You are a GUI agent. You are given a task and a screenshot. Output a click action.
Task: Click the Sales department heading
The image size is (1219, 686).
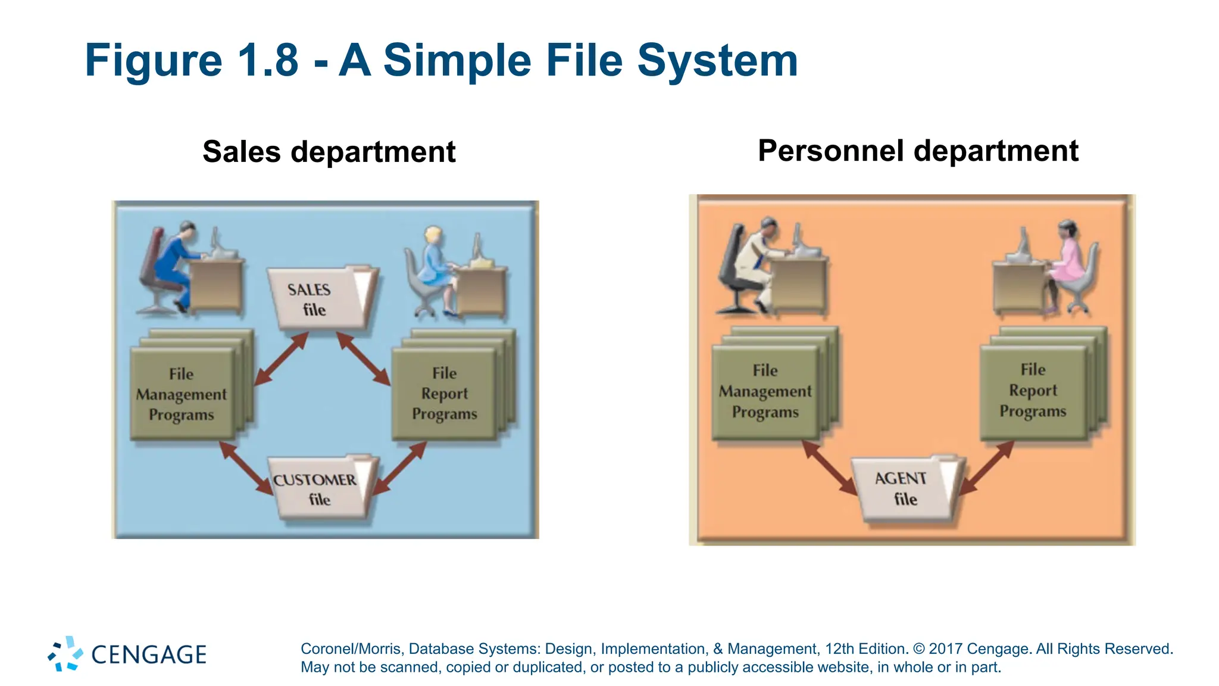coord(329,151)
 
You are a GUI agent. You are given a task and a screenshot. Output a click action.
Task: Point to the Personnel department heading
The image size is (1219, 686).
coord(917,150)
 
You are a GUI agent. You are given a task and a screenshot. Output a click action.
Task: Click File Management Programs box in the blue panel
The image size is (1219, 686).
coord(182,394)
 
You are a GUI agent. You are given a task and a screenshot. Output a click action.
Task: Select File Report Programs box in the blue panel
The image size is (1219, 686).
coord(444,393)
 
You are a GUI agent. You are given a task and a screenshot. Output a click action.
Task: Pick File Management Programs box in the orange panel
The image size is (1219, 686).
coord(765,391)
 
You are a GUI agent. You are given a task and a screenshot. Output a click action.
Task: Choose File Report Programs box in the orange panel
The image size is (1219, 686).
coord(1033,391)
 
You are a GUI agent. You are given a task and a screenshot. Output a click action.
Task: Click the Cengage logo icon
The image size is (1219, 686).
coord(65,654)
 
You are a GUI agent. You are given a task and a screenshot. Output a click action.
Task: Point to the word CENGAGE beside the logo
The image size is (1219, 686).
coord(149,655)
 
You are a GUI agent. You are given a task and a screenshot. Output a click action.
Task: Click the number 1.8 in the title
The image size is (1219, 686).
coord(267,60)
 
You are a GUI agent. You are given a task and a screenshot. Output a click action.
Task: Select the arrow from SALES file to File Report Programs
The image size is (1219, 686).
coord(364,358)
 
